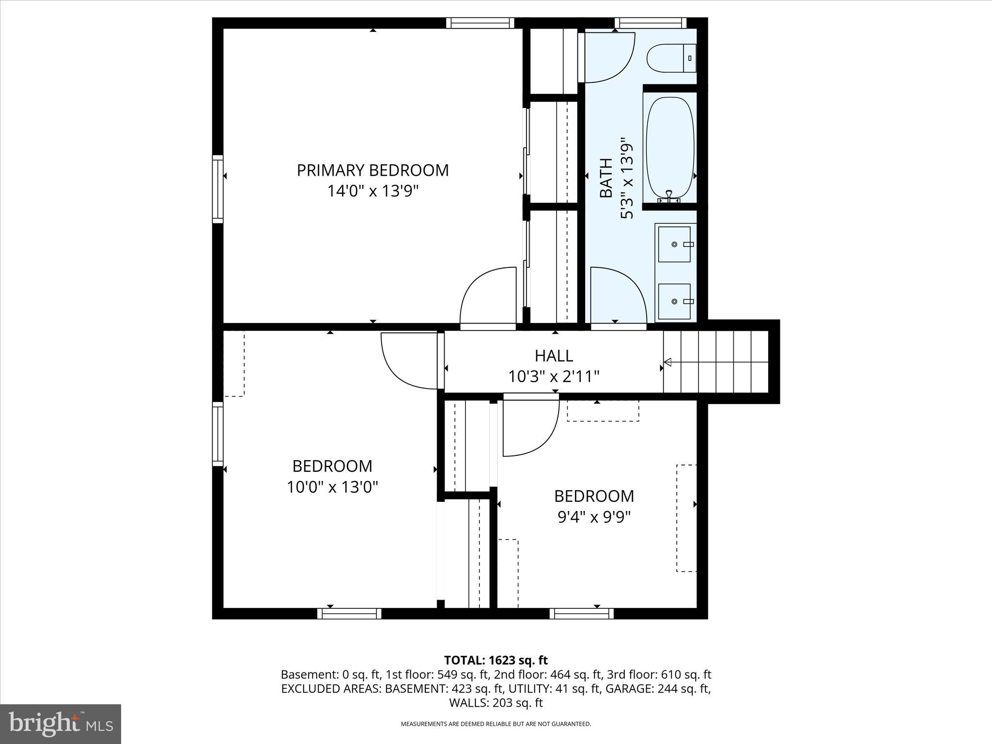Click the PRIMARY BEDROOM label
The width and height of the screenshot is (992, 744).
coord(372,170)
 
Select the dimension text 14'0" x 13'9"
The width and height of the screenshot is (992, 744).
coord(372,191)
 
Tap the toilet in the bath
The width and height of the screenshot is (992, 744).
coord(671,58)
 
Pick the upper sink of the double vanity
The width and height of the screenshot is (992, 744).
coord(674,244)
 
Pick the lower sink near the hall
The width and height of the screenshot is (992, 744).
coord(674,301)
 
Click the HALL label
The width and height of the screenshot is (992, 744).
coord(554,356)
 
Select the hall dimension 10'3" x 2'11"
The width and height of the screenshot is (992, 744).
coord(554,376)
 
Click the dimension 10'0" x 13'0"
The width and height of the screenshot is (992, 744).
coord(332,487)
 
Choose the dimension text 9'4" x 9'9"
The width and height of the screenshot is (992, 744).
coord(594,517)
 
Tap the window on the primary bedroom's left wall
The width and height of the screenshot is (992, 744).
coord(218,189)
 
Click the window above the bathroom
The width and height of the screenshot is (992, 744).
coord(651,23)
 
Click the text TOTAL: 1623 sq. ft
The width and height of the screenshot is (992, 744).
coord(496,660)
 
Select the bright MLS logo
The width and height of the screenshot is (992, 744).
coord(61,724)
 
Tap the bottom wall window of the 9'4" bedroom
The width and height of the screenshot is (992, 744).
coord(581,614)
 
